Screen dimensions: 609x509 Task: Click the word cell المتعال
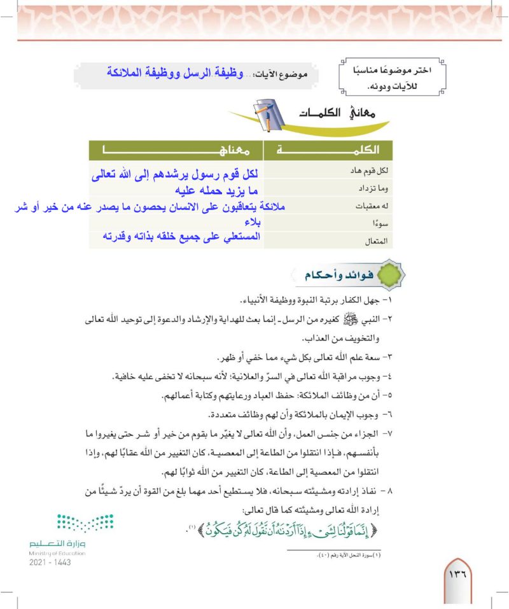click(378, 241)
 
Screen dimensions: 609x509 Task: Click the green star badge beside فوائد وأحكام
click(388, 277)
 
